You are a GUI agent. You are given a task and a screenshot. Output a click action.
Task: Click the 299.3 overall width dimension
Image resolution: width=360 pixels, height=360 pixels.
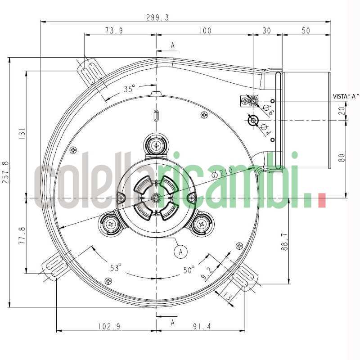pyautogui.click(x=157, y=18)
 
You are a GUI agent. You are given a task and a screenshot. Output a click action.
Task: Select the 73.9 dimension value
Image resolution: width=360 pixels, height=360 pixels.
pyautogui.click(x=114, y=31)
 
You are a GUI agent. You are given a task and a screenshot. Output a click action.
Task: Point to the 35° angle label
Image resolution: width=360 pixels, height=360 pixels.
pyautogui.click(x=130, y=89)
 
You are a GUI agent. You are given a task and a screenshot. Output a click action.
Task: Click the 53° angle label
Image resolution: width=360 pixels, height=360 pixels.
pyautogui.click(x=116, y=268)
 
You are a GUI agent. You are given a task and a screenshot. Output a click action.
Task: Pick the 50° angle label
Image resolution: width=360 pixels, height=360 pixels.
pyautogui.click(x=189, y=270)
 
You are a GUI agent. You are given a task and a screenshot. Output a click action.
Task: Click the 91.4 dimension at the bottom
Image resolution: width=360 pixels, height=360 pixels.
pyautogui.click(x=201, y=327)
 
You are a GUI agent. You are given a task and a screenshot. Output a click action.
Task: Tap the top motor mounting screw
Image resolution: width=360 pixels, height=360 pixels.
pyautogui.click(x=156, y=145)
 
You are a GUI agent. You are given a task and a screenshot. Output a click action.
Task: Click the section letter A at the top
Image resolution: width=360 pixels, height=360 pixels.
pyautogui.click(x=173, y=45)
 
